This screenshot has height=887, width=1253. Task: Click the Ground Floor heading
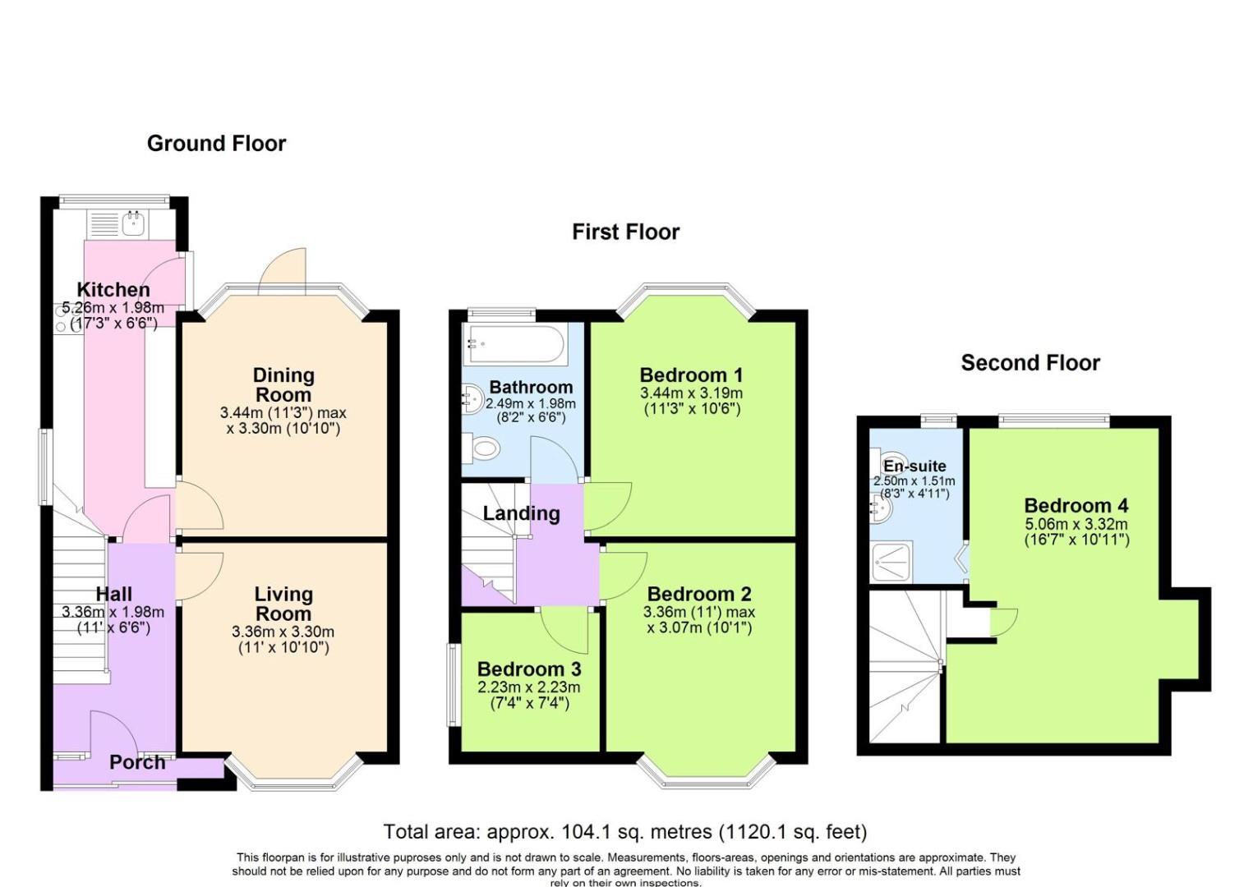click(216, 144)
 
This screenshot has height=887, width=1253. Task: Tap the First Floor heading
click(625, 232)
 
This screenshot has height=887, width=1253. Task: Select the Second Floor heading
click(1030, 363)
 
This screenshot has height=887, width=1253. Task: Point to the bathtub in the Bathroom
click(514, 345)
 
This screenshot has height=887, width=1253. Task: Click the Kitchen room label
click(113, 290)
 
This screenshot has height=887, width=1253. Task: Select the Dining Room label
click(283, 384)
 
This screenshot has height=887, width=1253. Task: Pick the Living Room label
click(283, 604)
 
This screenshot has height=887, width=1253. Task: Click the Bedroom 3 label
click(528, 669)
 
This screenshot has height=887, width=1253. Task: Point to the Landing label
click(521, 514)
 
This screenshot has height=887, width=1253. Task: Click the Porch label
click(137, 762)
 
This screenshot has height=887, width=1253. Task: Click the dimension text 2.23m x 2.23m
click(528, 687)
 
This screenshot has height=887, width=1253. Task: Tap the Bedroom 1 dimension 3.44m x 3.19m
click(691, 393)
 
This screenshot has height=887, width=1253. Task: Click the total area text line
click(625, 832)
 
